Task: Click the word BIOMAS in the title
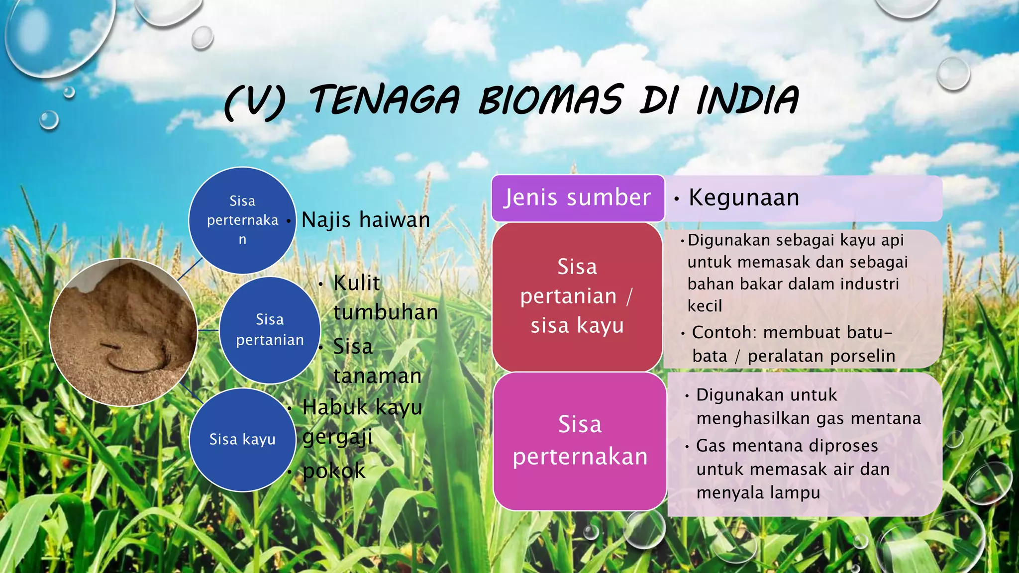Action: tap(550, 100)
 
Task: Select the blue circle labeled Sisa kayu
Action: tap(242, 440)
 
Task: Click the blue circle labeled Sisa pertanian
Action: tap(270, 330)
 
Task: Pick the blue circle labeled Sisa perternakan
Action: tap(242, 220)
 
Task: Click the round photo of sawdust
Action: tap(123, 332)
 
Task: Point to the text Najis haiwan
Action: tap(366, 220)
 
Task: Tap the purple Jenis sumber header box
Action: tap(577, 198)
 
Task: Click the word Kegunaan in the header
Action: tap(744, 198)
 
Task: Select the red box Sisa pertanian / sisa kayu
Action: tap(577, 296)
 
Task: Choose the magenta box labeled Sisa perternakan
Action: tap(580, 441)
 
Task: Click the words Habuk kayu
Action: tap(362, 407)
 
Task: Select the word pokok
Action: tap(334, 471)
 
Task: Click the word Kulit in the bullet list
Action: tap(356, 283)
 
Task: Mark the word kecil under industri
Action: tap(705, 306)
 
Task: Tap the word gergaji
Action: tap(337, 438)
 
